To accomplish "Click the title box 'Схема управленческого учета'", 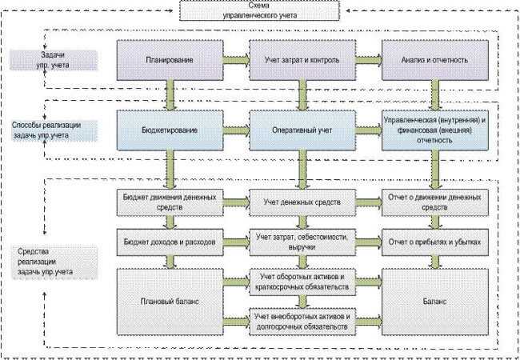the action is pos(260,10).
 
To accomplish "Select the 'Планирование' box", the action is pos(170,60).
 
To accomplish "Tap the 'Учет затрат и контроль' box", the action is pos(302,60).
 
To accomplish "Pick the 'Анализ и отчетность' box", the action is pos(435,60).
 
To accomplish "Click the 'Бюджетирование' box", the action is pos(170,130).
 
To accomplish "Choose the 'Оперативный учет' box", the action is pos(302,130).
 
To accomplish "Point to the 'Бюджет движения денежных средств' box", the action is pos(170,202).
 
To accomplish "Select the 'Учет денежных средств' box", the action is pos(302,202).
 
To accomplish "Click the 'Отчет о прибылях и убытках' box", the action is pos(435,242).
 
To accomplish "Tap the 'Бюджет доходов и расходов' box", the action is pos(170,242).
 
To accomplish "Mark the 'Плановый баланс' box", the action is pos(170,302).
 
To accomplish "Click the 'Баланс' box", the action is pos(435,302).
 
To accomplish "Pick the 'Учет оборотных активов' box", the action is pos(302,282).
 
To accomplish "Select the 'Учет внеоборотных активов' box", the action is pos(302,322).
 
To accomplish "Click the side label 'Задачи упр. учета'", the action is pos(53,60).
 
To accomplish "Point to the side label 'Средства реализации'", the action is pos(54,262).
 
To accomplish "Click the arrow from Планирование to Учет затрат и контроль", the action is pos(236,60).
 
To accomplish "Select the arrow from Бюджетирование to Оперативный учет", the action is pos(236,130).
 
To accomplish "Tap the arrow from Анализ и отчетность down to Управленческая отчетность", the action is pos(435,95).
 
